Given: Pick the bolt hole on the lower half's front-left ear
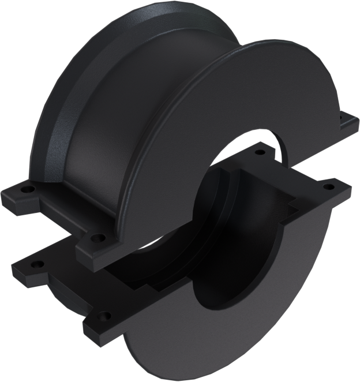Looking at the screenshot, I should tap(104, 316).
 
